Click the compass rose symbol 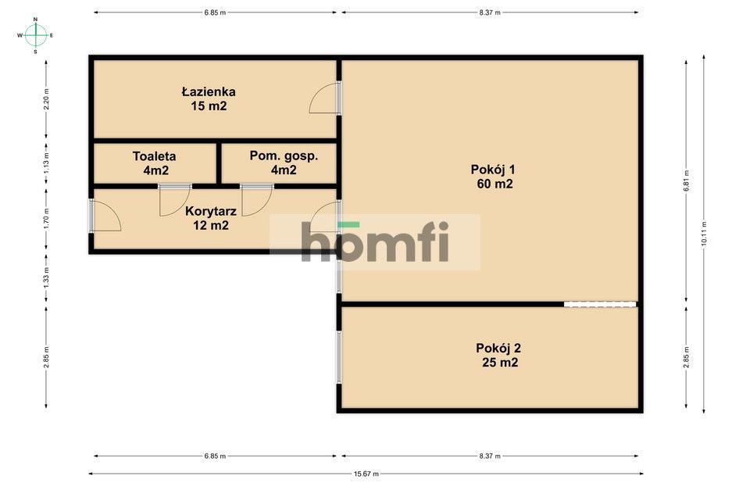tap(36, 35)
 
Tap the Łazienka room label tap(209, 91)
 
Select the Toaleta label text tap(154, 156)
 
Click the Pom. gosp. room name tap(284, 156)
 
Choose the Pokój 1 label tap(493, 170)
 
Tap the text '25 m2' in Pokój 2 tap(499, 363)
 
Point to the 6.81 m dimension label tap(687, 181)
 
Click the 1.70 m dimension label tap(46, 216)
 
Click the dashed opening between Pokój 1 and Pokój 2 tap(600, 304)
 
